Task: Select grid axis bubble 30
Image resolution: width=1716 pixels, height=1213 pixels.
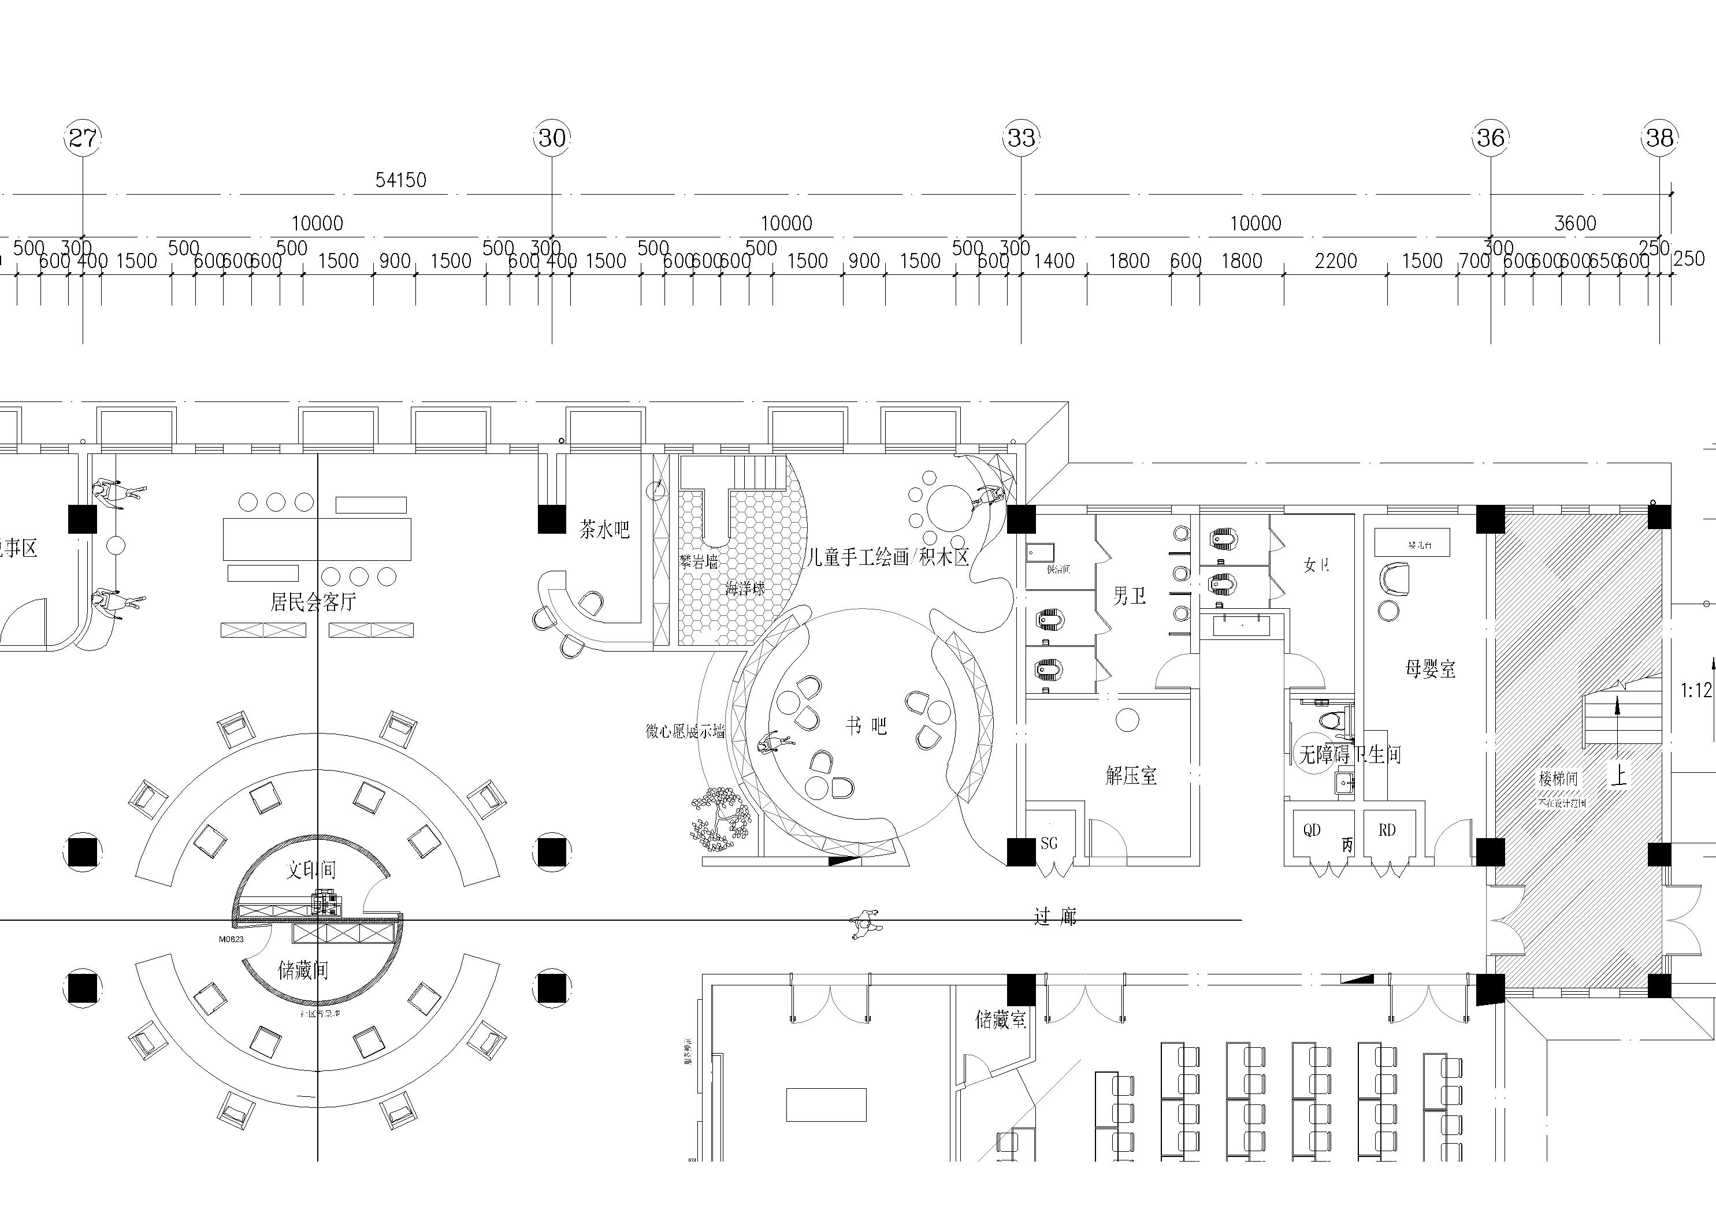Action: (x=552, y=137)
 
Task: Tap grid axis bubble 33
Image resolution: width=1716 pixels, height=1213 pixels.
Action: (x=1021, y=137)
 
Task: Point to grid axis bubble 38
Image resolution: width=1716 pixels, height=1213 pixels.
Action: (x=1659, y=137)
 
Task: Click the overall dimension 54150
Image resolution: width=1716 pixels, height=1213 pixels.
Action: (x=400, y=180)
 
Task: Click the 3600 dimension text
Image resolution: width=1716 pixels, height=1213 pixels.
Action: (x=1575, y=224)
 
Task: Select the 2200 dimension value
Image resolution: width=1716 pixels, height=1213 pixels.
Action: (x=1336, y=261)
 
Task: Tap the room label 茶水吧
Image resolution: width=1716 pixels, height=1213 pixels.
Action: (x=604, y=530)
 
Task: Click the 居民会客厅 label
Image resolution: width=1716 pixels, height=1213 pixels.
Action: (x=313, y=602)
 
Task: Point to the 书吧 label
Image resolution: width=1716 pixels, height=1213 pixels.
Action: (x=866, y=725)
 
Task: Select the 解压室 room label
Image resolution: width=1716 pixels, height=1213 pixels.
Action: (x=1131, y=776)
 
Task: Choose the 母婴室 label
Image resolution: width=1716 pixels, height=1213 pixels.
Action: (x=1431, y=669)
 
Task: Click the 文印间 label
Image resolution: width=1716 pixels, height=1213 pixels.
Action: (x=311, y=869)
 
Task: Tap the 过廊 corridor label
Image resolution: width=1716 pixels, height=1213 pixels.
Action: (x=1054, y=917)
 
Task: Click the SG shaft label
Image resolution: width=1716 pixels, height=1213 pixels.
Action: (x=1049, y=844)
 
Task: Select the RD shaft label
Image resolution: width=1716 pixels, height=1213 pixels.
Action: (x=1387, y=831)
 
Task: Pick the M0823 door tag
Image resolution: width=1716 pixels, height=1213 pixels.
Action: (x=231, y=939)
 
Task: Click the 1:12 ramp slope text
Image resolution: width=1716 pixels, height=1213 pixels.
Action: (x=1696, y=691)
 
